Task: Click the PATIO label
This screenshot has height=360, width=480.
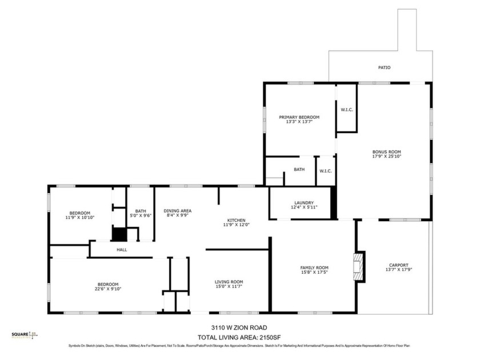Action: point(384,67)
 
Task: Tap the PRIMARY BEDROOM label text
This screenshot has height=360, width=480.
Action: point(299,117)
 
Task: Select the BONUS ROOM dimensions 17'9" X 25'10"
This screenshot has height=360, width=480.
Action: point(387,156)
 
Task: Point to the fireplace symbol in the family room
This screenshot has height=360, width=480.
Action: point(359,267)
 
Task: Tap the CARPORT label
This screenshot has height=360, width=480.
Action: point(398,265)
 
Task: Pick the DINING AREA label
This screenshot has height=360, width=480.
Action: point(178,210)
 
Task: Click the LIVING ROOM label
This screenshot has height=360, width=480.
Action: point(229,282)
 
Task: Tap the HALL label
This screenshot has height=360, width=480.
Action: point(122,250)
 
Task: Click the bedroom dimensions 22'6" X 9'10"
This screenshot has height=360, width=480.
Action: point(107,289)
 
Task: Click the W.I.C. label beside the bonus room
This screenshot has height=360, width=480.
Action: point(347,110)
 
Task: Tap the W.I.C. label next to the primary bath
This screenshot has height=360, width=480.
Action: point(326,170)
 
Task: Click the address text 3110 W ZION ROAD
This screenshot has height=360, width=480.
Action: point(239,327)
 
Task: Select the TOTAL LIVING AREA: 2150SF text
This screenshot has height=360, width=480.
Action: point(239,337)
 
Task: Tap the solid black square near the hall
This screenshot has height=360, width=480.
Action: point(118,234)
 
